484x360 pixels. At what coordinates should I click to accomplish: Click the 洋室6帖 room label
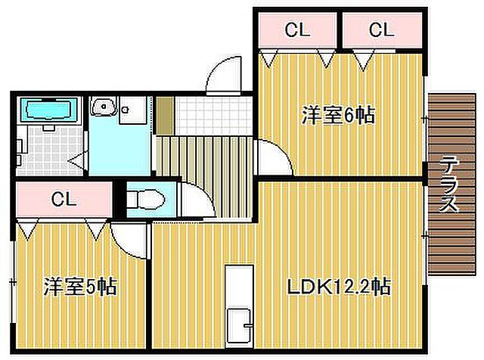click(x=338, y=115)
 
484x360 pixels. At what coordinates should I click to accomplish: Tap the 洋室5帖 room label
click(x=79, y=287)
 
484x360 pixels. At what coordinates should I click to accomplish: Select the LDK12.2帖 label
click(x=338, y=287)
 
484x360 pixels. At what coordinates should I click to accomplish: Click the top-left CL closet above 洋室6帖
click(x=296, y=30)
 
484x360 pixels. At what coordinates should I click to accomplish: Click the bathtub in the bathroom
click(x=48, y=110)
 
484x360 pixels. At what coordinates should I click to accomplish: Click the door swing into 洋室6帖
click(x=273, y=159)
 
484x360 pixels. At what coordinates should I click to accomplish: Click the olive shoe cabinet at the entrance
click(x=165, y=115)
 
